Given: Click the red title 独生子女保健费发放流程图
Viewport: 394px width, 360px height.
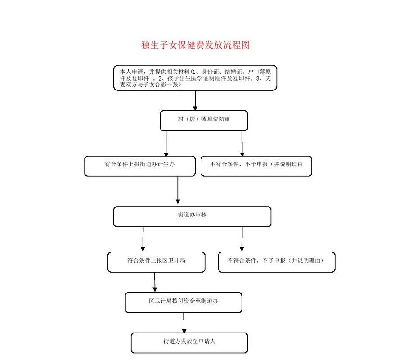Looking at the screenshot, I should pos(196,45).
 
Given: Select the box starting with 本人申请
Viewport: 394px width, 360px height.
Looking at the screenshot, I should pos(195,78).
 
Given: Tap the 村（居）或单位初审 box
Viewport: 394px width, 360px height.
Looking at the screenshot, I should pos(204,121).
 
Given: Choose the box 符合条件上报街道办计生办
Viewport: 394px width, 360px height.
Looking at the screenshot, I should pos(140,166).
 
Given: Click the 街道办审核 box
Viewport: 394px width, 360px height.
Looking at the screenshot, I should pos(192,216).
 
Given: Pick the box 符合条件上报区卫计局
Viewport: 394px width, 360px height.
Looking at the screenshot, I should pos(156,262).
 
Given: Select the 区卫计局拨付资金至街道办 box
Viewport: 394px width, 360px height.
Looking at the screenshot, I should pos(184,302).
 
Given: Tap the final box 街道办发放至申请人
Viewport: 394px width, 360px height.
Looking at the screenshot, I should pos(189,342).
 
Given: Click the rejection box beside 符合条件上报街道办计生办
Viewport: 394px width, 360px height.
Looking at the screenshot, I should pos(256,166).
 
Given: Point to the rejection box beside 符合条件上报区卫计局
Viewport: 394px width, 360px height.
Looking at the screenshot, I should pos(276,262).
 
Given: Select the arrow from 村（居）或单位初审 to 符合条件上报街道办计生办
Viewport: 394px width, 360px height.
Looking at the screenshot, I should pos(166,143).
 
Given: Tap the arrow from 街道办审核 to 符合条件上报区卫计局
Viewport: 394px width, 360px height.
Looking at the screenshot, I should pos(143,239).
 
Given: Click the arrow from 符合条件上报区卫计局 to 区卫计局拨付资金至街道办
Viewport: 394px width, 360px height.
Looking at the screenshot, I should pos(155,282).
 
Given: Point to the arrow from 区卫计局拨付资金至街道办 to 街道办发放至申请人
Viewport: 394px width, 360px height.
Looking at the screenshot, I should pos(184,323).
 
